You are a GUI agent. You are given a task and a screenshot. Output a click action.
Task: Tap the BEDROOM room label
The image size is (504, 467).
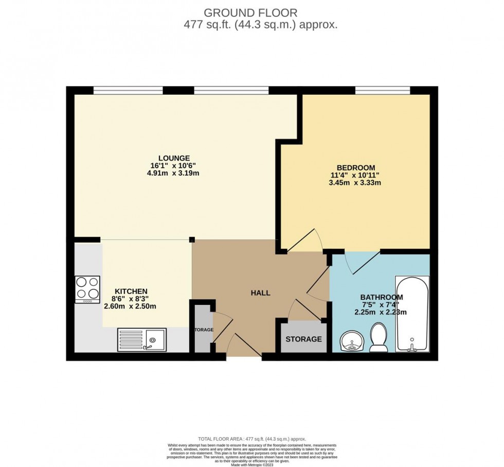point(355,167)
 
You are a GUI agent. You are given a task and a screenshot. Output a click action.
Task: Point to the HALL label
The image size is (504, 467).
point(260,293)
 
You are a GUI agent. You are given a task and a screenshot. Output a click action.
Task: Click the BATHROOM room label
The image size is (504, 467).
point(381,297)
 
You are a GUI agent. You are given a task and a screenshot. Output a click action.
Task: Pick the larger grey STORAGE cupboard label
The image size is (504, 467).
point(303,339)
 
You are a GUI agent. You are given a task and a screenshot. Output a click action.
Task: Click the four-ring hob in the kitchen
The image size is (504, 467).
point(87,288)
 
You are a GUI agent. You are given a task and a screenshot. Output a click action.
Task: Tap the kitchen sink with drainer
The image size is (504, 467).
point(142,339)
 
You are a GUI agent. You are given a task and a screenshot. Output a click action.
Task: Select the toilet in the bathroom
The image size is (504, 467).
point(379,337)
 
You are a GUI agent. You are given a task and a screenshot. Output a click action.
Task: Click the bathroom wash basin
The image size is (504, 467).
point(352,341)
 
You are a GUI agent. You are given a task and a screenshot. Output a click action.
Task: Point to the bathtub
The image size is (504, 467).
point(411,314)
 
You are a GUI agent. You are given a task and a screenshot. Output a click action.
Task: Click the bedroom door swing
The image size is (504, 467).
point(304,240)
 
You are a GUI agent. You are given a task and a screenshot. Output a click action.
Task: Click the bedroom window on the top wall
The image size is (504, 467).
point(382,91)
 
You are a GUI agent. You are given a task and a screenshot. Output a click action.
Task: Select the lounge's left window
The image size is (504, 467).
point(128,91)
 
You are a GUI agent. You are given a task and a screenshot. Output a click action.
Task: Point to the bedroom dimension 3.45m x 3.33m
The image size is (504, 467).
point(355,182)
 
